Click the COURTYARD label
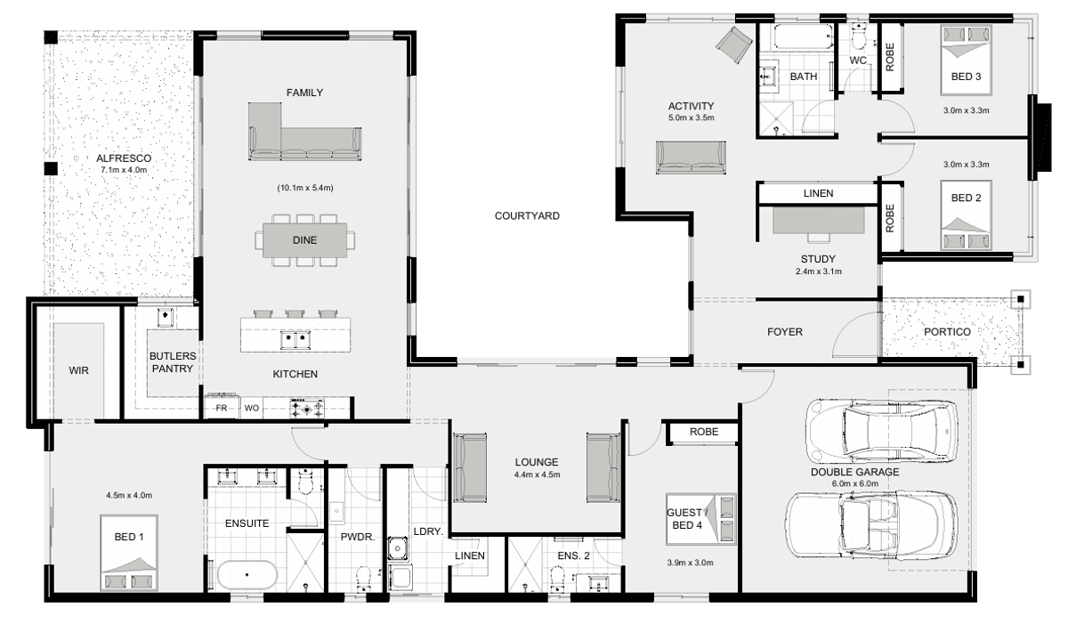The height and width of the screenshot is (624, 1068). tap(527, 216)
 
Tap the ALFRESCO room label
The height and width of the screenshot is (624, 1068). tap(124, 158)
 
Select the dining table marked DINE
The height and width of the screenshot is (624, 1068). tap(304, 240)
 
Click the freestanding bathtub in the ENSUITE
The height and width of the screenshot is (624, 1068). tap(247, 575)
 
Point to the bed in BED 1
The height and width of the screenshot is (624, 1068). tap(129, 553)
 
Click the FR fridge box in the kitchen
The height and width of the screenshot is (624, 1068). tap(222, 408)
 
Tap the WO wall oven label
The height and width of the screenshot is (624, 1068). tap(252, 408)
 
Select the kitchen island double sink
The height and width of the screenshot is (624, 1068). tap(295, 339)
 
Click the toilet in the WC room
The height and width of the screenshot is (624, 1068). tap(858, 36)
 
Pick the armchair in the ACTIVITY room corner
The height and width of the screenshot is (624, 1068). tap(733, 45)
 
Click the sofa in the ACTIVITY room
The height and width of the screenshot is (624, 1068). tap(691, 158)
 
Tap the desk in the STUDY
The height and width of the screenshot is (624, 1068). tap(818, 220)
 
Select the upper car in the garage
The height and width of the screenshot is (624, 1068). tap(882, 433)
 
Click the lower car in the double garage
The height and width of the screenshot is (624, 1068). tap(871, 525)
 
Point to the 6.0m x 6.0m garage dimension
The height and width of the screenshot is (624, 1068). tap(855, 483)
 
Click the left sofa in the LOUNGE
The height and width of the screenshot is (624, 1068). tap(470, 467)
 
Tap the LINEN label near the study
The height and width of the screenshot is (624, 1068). tap(818, 193)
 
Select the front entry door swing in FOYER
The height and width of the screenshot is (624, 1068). tap(856, 334)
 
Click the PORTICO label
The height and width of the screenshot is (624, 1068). tap(947, 332)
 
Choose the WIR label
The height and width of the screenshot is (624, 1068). tap(78, 370)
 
